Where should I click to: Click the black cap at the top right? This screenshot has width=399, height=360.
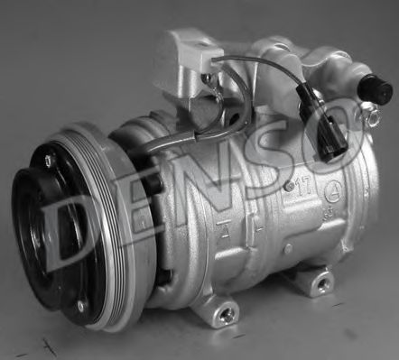point(375,88)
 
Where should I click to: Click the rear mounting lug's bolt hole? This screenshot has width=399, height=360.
point(322,283)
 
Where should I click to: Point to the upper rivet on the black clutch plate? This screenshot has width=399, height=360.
point(48,160)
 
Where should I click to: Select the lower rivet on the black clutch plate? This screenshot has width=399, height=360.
point(80,306)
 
